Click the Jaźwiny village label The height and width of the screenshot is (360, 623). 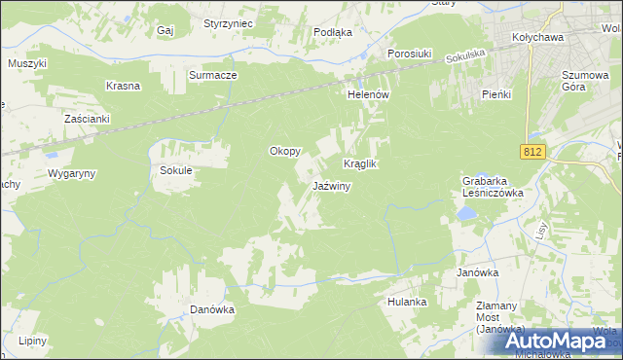pos(331,186)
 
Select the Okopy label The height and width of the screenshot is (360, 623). pos(284,151)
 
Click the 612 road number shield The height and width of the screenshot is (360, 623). pos(531,151)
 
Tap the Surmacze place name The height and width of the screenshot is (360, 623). pos(213,74)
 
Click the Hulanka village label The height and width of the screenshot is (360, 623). pos(407,302)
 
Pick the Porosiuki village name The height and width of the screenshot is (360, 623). pos(409,54)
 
